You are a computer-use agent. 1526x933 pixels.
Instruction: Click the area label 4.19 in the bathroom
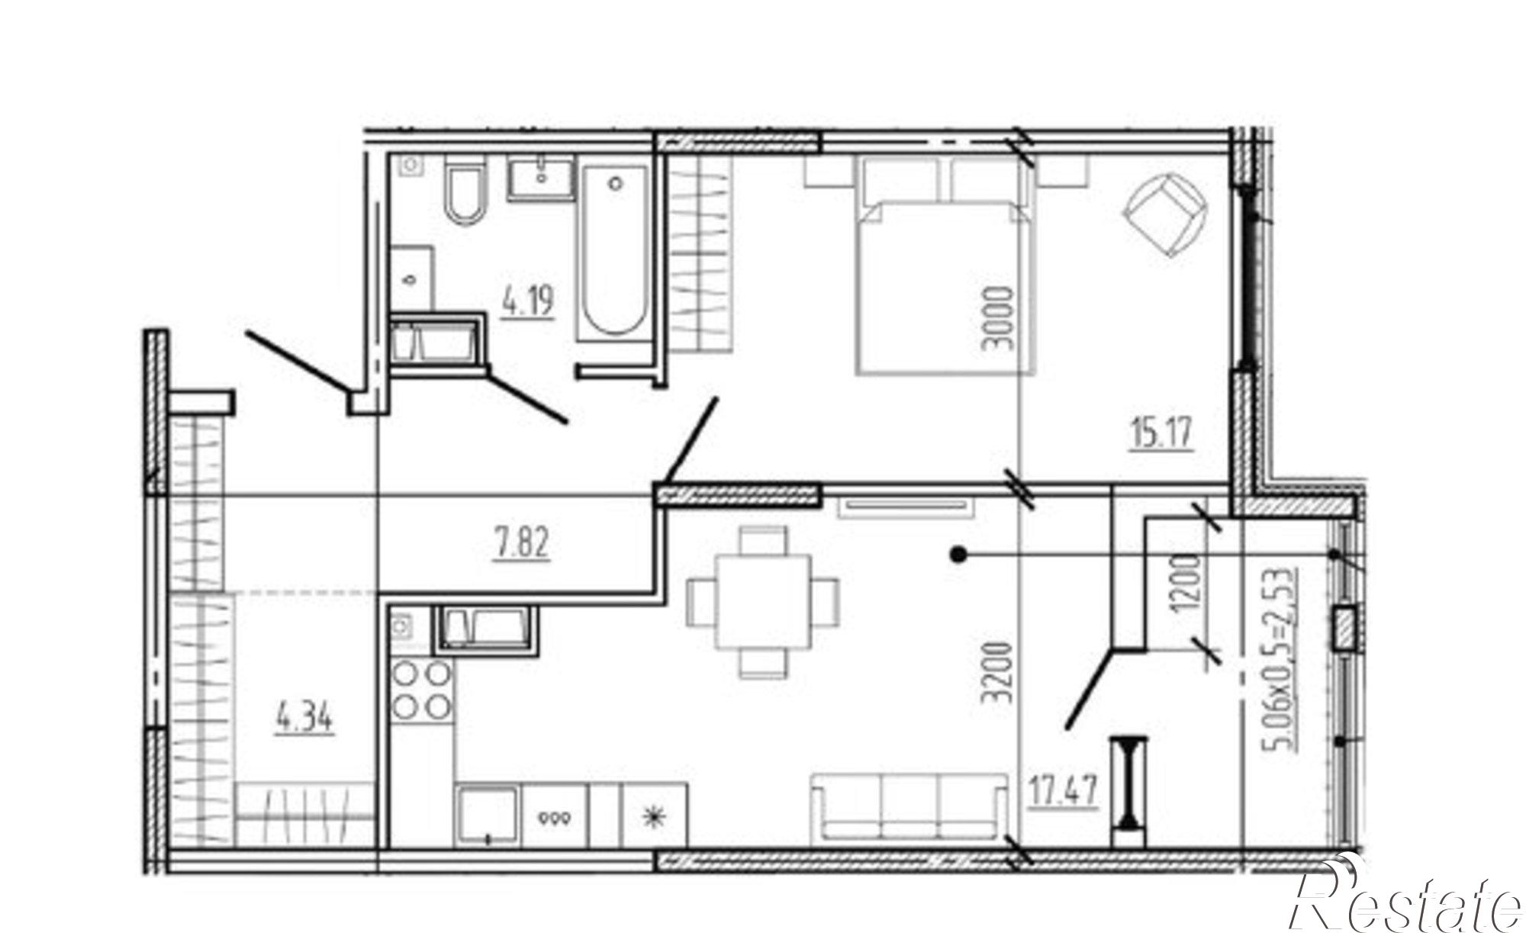(527, 301)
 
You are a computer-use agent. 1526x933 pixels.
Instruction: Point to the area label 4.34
(304, 718)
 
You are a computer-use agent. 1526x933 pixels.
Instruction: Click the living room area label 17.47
(1064, 790)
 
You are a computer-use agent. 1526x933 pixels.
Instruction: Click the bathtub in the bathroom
(615, 252)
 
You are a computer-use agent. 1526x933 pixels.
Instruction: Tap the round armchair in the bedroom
(1165, 216)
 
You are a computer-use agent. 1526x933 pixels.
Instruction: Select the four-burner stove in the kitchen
(421, 690)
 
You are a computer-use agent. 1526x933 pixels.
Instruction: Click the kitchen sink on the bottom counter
(488, 816)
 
